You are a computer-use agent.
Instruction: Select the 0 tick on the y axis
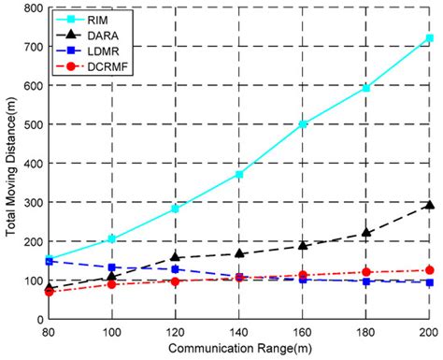tap(38, 320)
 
